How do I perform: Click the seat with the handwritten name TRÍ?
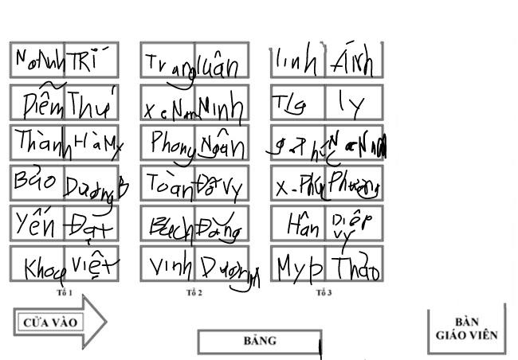[x=91, y=61]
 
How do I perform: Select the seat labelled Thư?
[x=91, y=104]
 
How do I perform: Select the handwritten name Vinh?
[x=168, y=265]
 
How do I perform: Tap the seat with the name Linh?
[x=296, y=61]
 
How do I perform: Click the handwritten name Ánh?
[x=353, y=61]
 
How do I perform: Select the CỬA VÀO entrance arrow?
[x=57, y=322]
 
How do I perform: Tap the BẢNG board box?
[x=259, y=341]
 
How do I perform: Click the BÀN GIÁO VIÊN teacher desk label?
[x=466, y=329]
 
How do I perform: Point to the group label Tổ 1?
[x=65, y=293]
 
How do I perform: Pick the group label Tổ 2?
[x=194, y=293]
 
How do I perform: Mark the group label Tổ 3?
[x=324, y=293]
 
